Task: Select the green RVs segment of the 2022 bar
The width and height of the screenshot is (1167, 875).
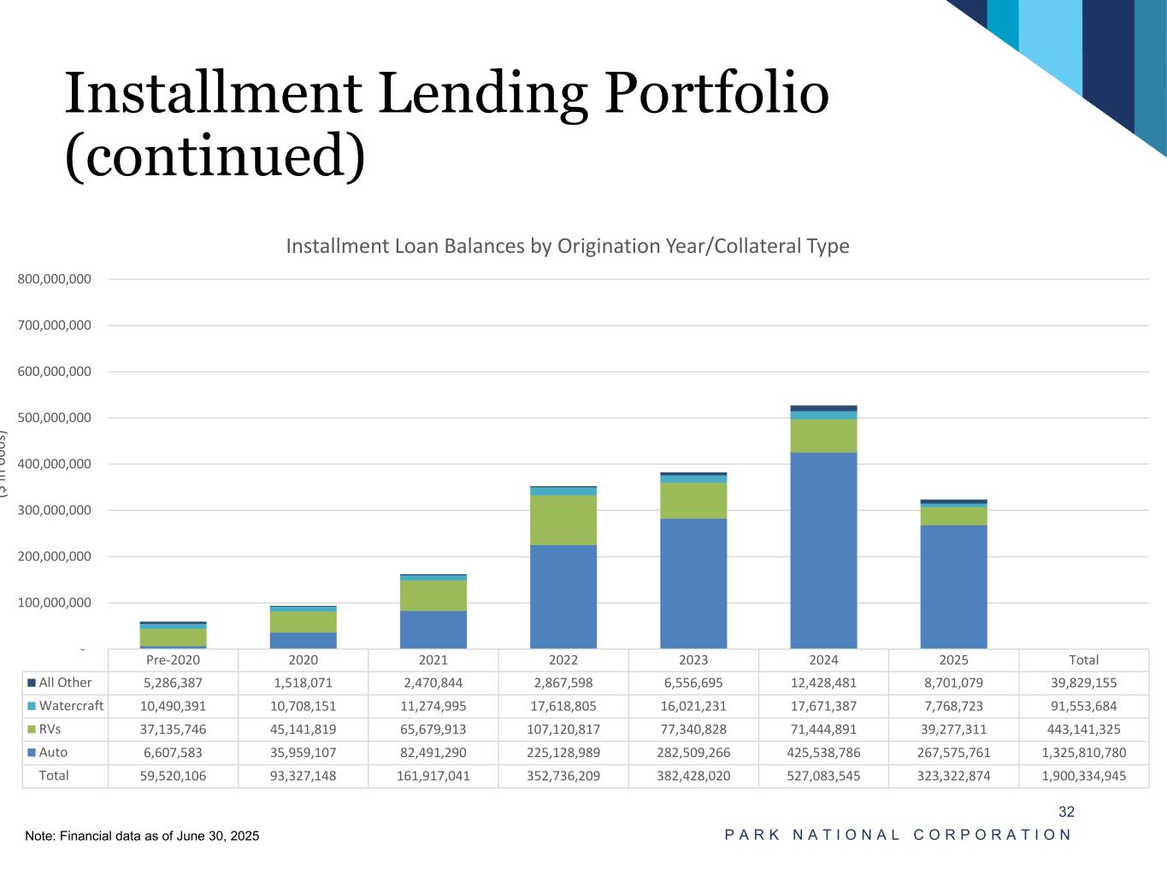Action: pyautogui.click(x=563, y=520)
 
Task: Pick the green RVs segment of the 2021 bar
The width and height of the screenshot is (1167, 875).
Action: pyautogui.click(x=433, y=596)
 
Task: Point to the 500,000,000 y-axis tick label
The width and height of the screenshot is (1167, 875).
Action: pyautogui.click(x=54, y=418)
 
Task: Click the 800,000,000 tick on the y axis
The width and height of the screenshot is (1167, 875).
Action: pyautogui.click(x=54, y=279)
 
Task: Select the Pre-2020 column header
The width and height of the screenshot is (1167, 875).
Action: pyautogui.click(x=173, y=660)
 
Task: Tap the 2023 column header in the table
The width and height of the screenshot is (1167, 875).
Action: pyautogui.click(x=693, y=660)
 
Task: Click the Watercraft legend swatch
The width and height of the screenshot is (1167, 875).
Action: pyautogui.click(x=32, y=706)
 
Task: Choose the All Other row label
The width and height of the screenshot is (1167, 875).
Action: pyautogui.click(x=65, y=683)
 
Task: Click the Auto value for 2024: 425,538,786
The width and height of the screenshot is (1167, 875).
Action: pyautogui.click(x=823, y=753)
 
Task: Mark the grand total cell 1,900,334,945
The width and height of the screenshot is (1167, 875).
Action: pyautogui.click(x=1083, y=776)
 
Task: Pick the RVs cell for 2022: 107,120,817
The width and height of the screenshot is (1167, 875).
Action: pyautogui.click(x=563, y=730)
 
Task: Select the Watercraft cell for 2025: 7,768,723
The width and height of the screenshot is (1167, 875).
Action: pyautogui.click(x=953, y=706)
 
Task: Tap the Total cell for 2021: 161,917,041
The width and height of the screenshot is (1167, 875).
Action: pyautogui.click(x=433, y=776)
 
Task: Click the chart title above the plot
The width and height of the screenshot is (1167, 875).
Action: pyautogui.click(x=567, y=246)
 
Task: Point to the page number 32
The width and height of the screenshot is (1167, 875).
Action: pyautogui.click(x=1066, y=812)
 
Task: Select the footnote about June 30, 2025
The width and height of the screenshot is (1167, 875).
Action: pyautogui.click(x=142, y=836)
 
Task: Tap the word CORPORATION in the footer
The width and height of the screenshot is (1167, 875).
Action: pyautogui.click(x=992, y=835)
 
